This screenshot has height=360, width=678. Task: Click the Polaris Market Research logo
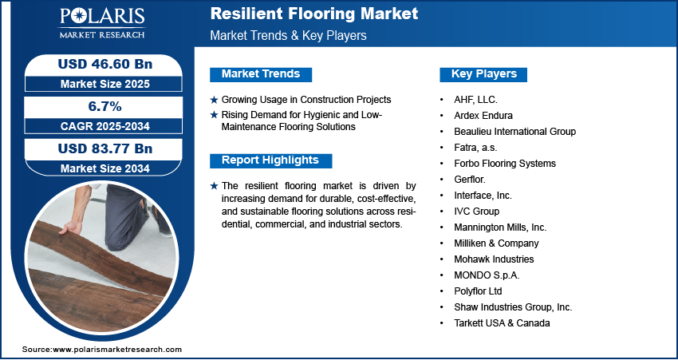point(102,22)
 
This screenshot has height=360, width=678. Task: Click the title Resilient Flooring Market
point(314,14)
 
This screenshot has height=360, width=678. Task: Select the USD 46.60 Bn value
point(105,64)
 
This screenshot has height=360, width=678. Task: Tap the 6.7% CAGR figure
point(105,106)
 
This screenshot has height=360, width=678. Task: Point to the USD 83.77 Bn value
point(105,148)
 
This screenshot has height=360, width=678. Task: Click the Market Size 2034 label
point(105,168)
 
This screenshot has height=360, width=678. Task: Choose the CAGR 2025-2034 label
point(105,126)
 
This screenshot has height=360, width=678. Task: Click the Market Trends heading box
point(261,74)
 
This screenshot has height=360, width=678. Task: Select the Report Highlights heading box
point(270,160)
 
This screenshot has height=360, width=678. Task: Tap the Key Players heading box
point(483,74)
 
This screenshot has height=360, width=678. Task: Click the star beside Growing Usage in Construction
point(214,100)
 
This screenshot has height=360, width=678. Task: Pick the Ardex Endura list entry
point(483,116)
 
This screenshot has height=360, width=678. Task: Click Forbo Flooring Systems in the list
point(505,164)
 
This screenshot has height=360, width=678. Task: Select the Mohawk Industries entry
point(494,259)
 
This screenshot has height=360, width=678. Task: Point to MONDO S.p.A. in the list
point(487,275)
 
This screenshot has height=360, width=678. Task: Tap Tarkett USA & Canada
point(502,323)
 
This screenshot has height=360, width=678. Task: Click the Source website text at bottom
point(102,350)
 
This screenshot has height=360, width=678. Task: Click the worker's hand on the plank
point(70,227)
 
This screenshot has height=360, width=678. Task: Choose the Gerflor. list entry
point(470,180)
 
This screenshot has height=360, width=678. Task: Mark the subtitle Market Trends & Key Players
point(288,35)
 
